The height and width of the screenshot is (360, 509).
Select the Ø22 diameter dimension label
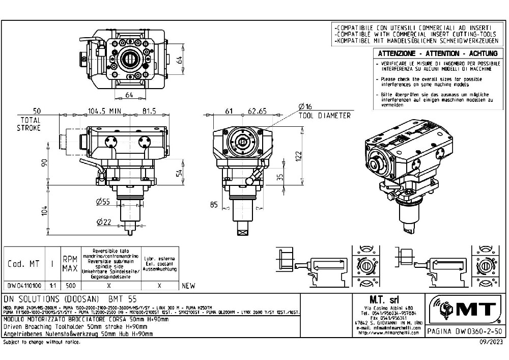point(103,221)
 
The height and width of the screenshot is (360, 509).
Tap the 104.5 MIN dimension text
point(104,110)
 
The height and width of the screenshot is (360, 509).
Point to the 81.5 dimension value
point(149,110)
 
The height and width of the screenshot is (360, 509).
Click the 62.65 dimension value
point(257,110)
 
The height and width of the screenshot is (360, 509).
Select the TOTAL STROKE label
point(29,124)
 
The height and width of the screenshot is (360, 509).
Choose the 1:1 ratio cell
point(53,286)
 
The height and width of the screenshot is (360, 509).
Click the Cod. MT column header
point(23,264)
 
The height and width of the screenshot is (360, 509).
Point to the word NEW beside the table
point(188,286)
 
